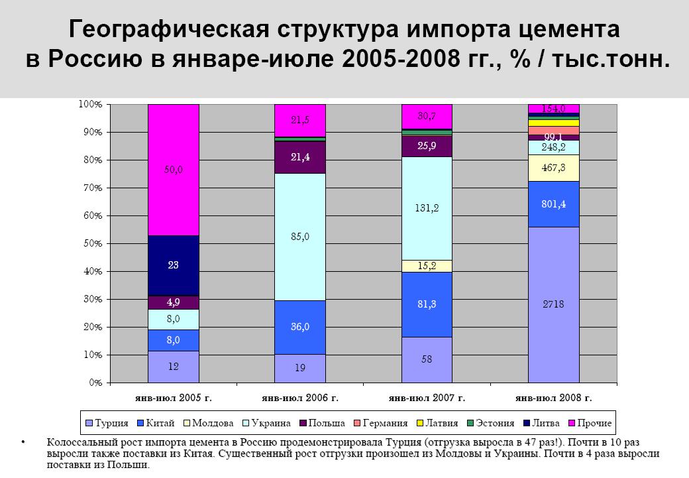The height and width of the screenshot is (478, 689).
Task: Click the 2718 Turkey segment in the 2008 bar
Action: (553, 304)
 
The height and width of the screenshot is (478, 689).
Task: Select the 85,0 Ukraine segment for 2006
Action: (299, 237)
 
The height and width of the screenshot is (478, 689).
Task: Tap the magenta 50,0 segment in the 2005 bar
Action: (174, 170)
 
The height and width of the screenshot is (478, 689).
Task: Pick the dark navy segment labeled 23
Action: (174, 265)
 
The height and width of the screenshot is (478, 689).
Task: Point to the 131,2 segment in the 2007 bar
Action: (427, 208)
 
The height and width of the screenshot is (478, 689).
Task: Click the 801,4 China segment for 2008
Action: (553, 204)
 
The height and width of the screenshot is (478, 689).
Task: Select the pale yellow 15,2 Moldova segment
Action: (427, 266)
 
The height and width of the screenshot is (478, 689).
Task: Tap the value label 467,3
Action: (553, 168)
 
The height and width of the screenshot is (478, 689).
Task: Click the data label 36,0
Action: (299, 327)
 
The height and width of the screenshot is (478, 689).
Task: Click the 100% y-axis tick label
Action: (89, 105)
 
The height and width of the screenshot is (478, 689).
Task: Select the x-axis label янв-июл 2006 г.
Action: (299, 398)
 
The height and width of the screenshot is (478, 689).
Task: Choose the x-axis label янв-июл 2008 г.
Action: (553, 398)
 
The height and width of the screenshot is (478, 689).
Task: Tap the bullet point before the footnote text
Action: (23, 442)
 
